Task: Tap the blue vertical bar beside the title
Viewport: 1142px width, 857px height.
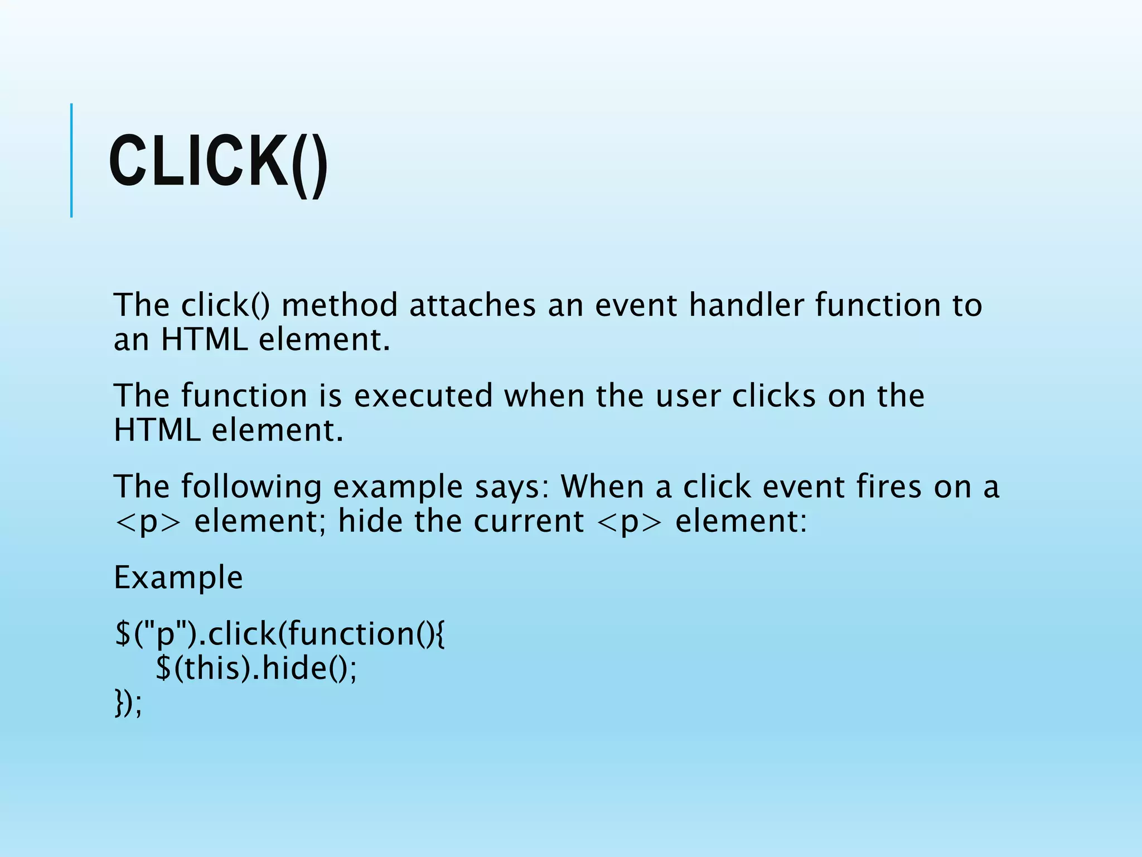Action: tap(71, 160)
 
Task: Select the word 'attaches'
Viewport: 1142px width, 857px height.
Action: tap(472, 305)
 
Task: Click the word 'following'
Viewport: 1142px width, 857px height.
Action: tap(251, 487)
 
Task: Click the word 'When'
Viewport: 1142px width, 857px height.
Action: tap(602, 487)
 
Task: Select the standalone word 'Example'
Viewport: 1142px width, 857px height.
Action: tap(178, 577)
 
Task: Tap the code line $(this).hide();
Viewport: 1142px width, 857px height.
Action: tap(256, 668)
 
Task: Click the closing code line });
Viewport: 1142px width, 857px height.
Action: tap(128, 703)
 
